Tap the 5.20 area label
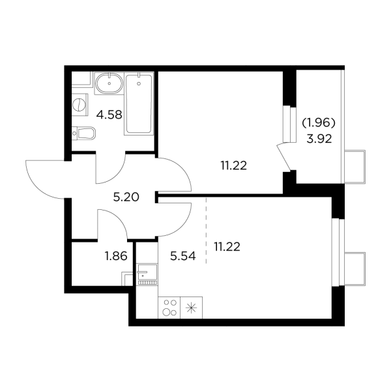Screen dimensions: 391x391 124,198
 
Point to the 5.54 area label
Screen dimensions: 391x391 182,256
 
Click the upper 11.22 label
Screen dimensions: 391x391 233,166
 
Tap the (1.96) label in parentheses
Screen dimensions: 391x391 319,122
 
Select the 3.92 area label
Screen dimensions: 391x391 319,138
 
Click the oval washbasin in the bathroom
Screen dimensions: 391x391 108,85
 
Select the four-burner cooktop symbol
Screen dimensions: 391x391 170,308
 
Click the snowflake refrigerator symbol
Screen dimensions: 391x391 192,308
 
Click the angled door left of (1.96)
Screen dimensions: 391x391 285,156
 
